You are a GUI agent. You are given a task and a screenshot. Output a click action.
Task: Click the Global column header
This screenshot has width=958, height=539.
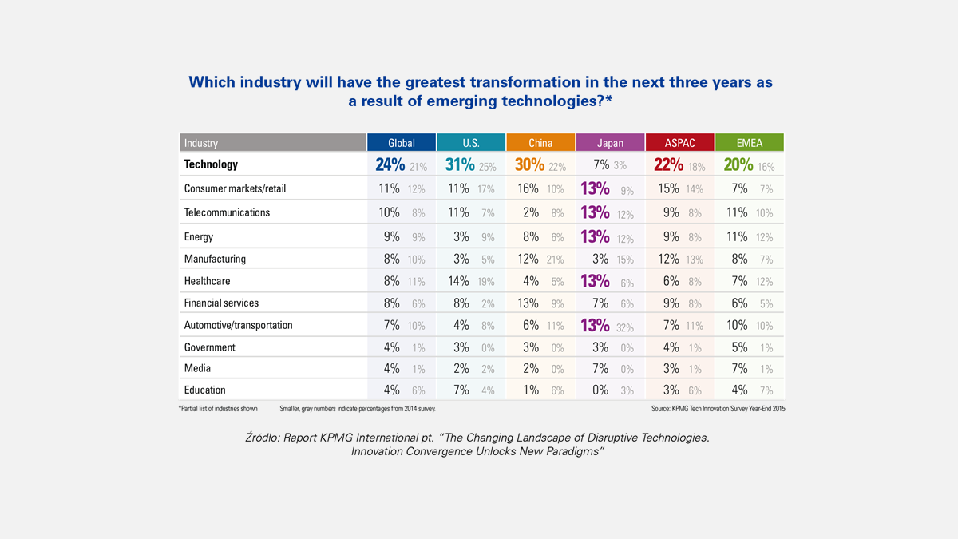(x=402, y=143)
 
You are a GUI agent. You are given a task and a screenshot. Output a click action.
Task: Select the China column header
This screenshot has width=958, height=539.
(x=540, y=143)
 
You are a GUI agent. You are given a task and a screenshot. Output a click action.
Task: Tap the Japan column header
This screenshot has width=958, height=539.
(x=611, y=143)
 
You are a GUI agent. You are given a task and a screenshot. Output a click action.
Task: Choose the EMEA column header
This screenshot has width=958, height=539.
(x=750, y=143)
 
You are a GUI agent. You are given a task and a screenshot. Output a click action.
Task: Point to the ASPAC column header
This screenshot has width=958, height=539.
(x=680, y=143)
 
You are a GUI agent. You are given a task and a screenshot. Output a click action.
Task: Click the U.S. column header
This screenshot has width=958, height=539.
(x=471, y=143)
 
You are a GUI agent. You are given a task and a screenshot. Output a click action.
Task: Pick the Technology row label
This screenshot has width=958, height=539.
(x=211, y=164)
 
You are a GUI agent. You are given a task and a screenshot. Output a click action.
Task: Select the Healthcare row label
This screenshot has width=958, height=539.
(x=208, y=281)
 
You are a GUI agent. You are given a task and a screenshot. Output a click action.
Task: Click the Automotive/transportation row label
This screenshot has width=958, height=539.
(x=238, y=325)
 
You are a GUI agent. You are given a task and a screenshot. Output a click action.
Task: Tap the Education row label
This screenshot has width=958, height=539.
(x=204, y=390)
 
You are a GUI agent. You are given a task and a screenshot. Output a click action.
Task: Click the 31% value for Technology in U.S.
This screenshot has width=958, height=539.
(x=460, y=165)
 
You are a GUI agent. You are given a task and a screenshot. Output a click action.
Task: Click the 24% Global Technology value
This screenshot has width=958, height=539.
(x=390, y=165)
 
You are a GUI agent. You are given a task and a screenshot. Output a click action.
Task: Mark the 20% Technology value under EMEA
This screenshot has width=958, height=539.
(x=738, y=165)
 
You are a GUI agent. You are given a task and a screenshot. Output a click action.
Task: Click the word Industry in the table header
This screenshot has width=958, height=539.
(x=201, y=143)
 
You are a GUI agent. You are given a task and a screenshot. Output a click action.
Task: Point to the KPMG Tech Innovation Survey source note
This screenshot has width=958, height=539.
(x=718, y=408)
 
